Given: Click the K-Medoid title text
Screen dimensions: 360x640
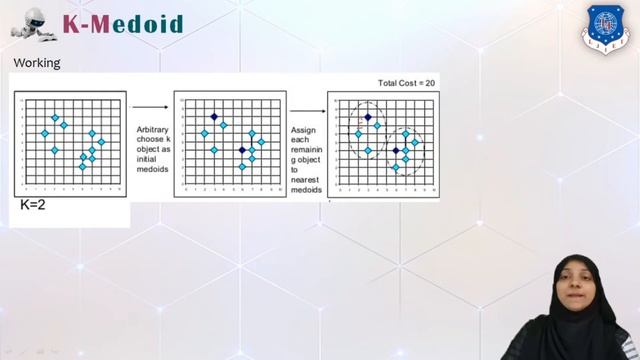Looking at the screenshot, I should pyautogui.click(x=123, y=23).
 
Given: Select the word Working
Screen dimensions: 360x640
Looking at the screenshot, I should pyautogui.click(x=37, y=63).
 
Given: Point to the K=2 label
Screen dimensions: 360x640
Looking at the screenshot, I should pyautogui.click(x=34, y=205).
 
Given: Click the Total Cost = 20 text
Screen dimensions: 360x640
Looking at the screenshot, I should pyautogui.click(x=406, y=83).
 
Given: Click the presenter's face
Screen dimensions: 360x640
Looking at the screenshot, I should pyautogui.click(x=576, y=284).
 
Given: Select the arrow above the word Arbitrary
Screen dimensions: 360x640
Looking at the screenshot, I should pyautogui.click(x=150, y=106).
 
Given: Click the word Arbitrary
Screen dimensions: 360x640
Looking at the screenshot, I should pyautogui.click(x=153, y=130).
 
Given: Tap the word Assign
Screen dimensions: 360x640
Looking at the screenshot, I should pyautogui.click(x=303, y=130).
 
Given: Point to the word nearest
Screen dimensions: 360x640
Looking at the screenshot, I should pyautogui.click(x=305, y=180).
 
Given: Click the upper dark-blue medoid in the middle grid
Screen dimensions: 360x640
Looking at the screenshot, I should pyautogui.click(x=214, y=117).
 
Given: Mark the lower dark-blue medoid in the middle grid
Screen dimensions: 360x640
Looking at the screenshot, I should pyautogui.click(x=242, y=150).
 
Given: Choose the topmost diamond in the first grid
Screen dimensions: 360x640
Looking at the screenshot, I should pyautogui.click(x=54, y=117).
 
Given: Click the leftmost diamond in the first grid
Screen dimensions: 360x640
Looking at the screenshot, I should pyautogui.click(x=44, y=133).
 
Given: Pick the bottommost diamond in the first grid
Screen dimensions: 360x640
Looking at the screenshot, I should pyautogui.click(x=83, y=166).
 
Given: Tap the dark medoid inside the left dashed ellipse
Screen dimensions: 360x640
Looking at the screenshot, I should pyautogui.click(x=367, y=117).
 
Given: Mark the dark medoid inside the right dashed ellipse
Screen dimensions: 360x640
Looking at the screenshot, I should pyautogui.click(x=396, y=150).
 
